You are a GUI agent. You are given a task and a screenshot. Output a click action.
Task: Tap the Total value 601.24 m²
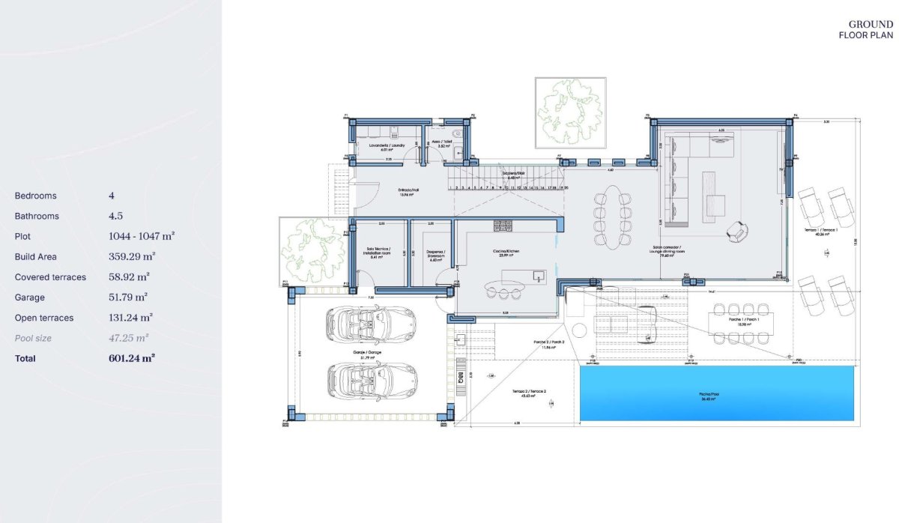pyautogui.click(x=131, y=358)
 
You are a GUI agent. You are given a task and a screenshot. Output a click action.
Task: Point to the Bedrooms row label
pyautogui.click(x=35, y=196)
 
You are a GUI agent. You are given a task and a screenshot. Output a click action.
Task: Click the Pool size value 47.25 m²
pyautogui.click(x=128, y=338)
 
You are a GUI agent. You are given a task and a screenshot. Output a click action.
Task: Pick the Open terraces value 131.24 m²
pyautogui.click(x=130, y=318)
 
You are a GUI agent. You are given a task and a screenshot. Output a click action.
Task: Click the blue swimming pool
pyautogui.click(x=716, y=393)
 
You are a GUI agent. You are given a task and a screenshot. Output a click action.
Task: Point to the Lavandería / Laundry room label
pyautogui.click(x=387, y=145)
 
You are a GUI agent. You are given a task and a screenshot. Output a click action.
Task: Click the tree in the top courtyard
pyautogui.click(x=569, y=113)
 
